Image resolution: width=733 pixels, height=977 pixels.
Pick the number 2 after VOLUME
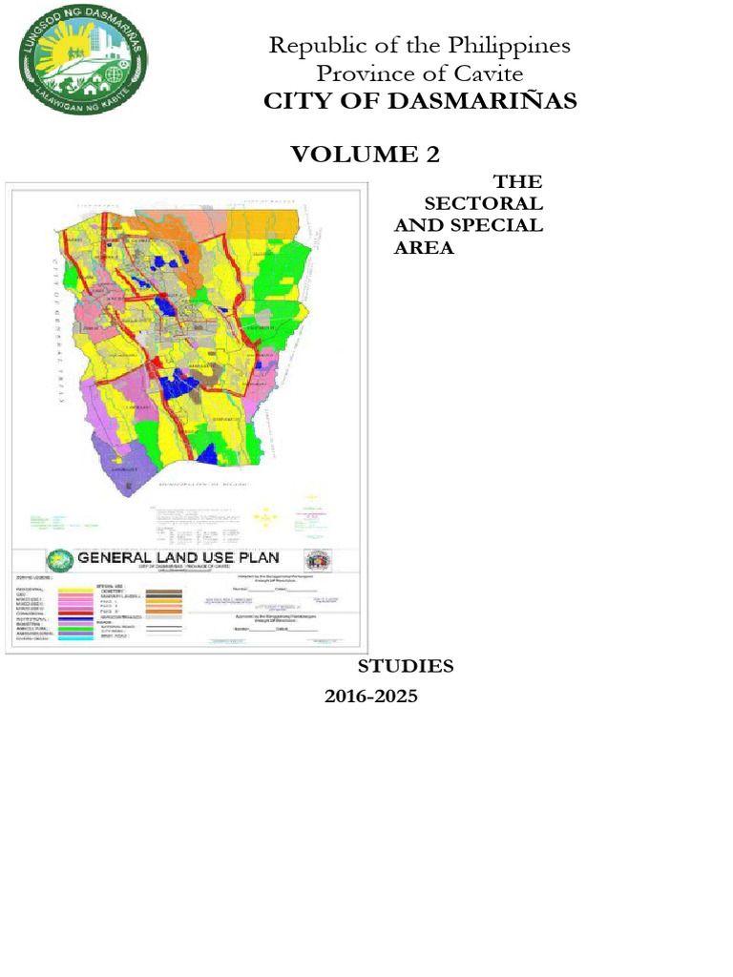[432, 154]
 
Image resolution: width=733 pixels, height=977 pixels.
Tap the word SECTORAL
[483, 203]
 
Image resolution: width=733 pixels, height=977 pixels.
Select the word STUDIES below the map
[406, 666]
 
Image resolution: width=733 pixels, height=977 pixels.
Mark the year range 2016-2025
[371, 696]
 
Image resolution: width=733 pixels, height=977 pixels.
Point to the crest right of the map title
[316, 561]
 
